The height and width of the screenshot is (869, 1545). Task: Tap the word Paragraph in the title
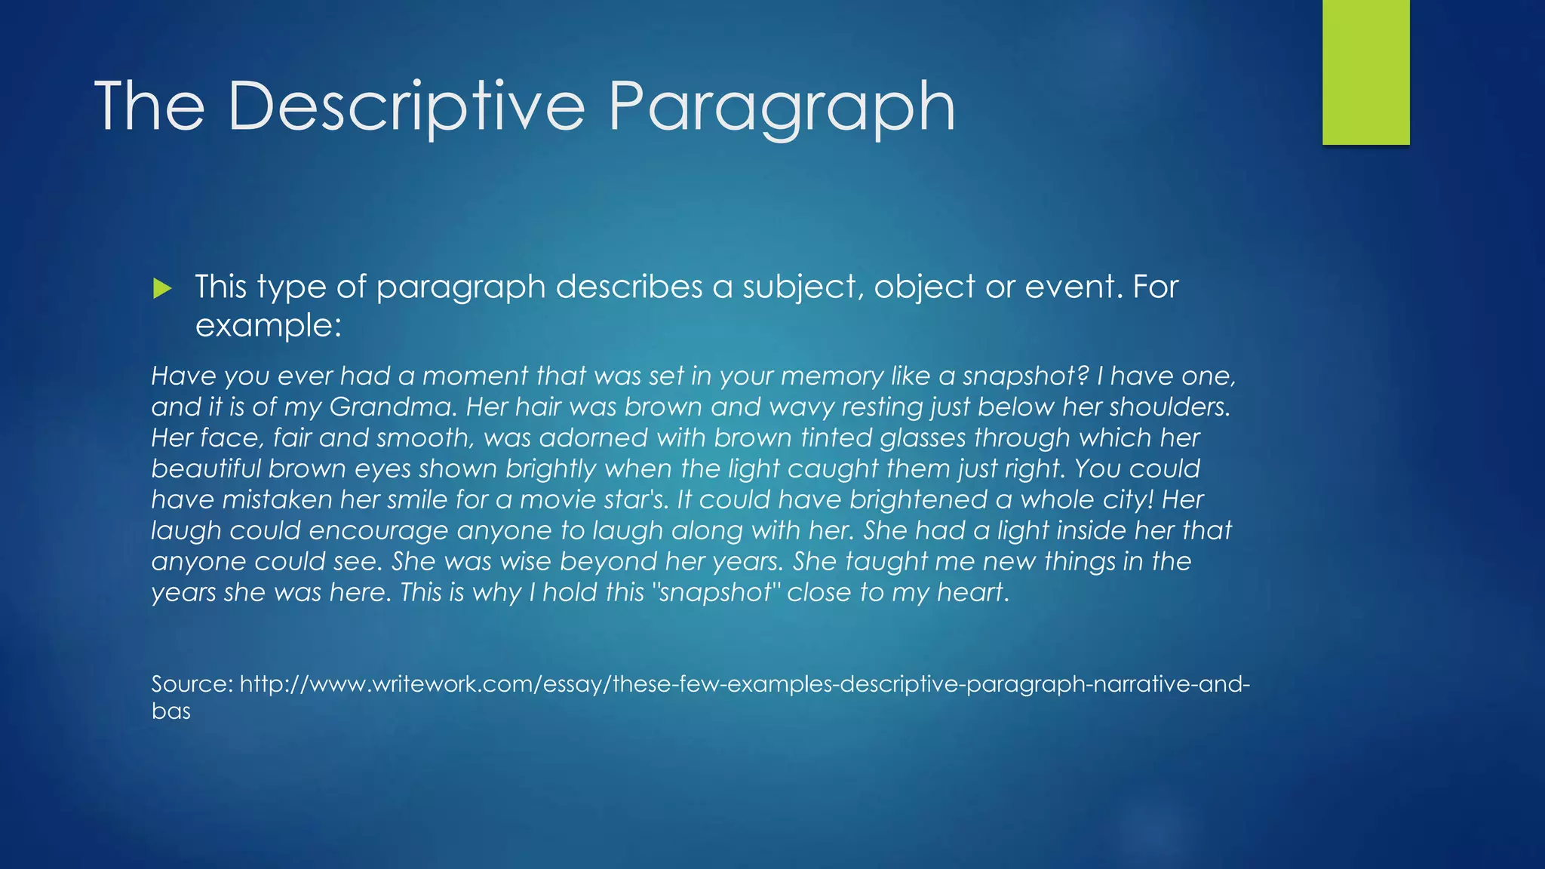coord(782,107)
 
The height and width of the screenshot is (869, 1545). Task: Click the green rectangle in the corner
coord(1365,72)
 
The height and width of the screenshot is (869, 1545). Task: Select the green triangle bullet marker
coord(162,287)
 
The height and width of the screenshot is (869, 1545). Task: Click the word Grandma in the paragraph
coord(392,407)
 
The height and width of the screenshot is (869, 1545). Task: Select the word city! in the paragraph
coord(1122,500)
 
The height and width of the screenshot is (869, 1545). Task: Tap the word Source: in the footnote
coord(192,684)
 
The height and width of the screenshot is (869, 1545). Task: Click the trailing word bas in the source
coord(170,711)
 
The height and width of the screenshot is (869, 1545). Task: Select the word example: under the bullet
coord(268,326)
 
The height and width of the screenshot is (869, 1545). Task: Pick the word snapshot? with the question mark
coord(1026,376)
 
